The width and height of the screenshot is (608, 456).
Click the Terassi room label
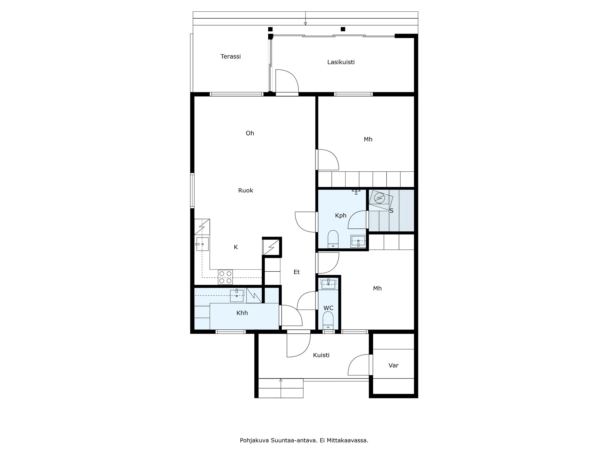pos(230,56)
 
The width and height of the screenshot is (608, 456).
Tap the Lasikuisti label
pos(341,62)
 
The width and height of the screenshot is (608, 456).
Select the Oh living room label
pos(250,133)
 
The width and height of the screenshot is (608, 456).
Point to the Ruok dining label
pos(245,191)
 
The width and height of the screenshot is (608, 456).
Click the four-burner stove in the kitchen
pos(225,277)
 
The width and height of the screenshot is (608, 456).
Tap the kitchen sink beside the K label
pos(202,244)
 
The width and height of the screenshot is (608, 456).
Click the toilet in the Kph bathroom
pos(333,239)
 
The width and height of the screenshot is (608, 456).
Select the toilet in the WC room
pos(328,320)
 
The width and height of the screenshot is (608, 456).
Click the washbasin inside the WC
pos(328,283)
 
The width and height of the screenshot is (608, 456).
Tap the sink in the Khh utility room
pos(237,296)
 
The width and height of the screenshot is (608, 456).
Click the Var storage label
pos(393,365)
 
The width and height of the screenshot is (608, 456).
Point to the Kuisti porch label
pos(321,355)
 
